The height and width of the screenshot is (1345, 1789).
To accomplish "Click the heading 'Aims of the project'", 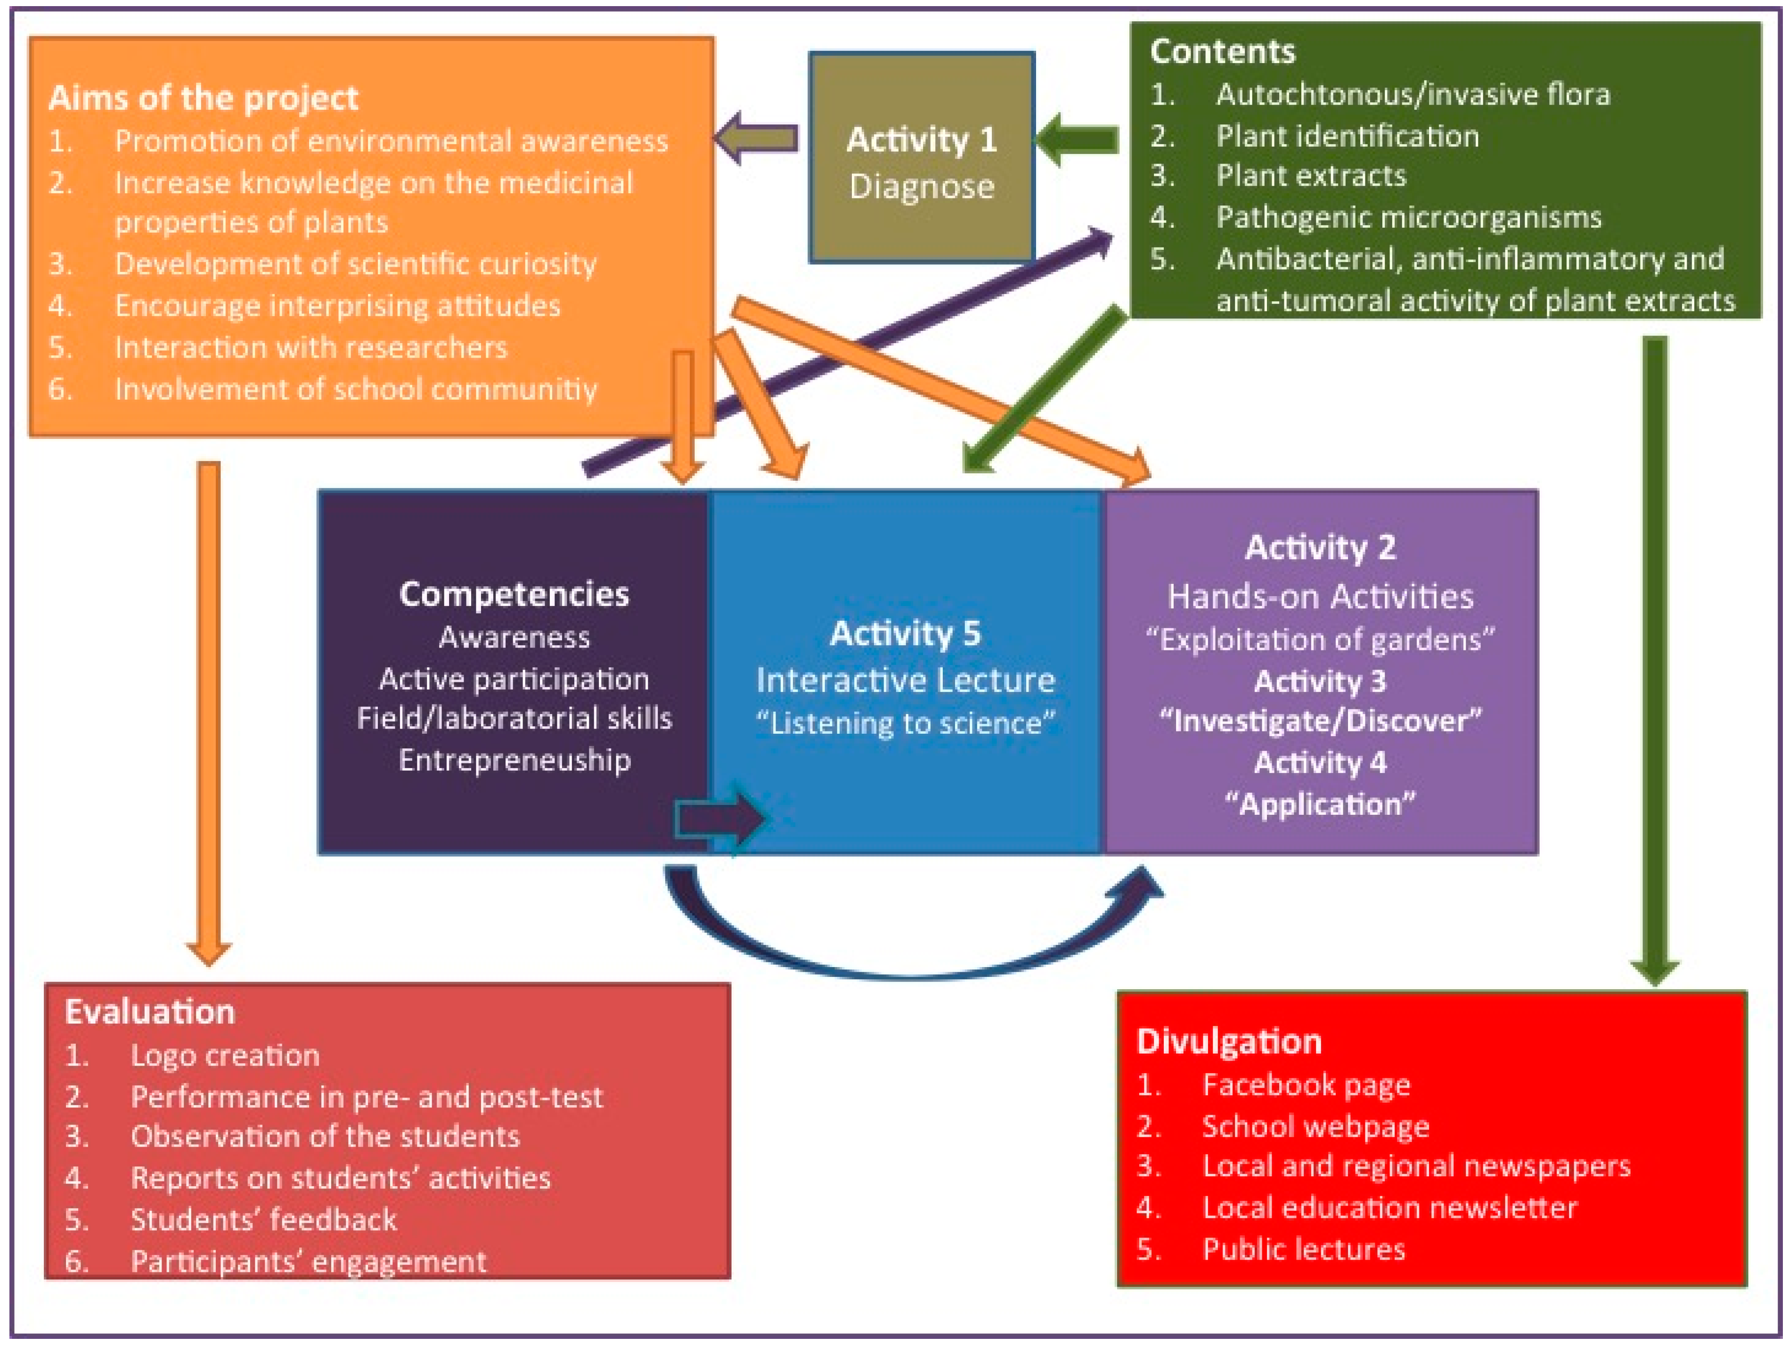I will click(203, 98).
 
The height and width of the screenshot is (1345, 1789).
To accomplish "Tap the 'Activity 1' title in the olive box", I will click(921, 140).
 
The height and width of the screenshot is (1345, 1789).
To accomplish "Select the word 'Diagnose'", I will click(921, 187).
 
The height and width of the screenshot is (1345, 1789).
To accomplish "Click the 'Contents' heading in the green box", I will click(1222, 52).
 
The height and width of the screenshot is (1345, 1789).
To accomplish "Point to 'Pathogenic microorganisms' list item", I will click(1408, 218).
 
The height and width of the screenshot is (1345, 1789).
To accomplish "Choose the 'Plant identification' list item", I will click(1348, 136).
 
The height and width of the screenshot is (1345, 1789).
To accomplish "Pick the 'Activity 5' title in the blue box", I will click(905, 633).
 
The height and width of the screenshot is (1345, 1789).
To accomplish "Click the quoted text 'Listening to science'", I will click(905, 723).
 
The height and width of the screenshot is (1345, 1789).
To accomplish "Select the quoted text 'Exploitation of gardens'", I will click(1320, 640).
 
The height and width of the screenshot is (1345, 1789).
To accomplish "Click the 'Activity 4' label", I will click(1320, 763).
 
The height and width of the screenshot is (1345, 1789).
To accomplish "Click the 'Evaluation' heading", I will click(150, 1012).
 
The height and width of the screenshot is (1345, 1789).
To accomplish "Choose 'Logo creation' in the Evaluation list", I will click(225, 1056).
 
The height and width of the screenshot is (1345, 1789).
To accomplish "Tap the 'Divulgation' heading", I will click(1228, 1042).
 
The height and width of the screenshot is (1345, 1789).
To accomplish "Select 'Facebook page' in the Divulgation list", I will click(1306, 1084).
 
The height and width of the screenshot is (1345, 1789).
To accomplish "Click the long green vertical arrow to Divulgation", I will click(1655, 647).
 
